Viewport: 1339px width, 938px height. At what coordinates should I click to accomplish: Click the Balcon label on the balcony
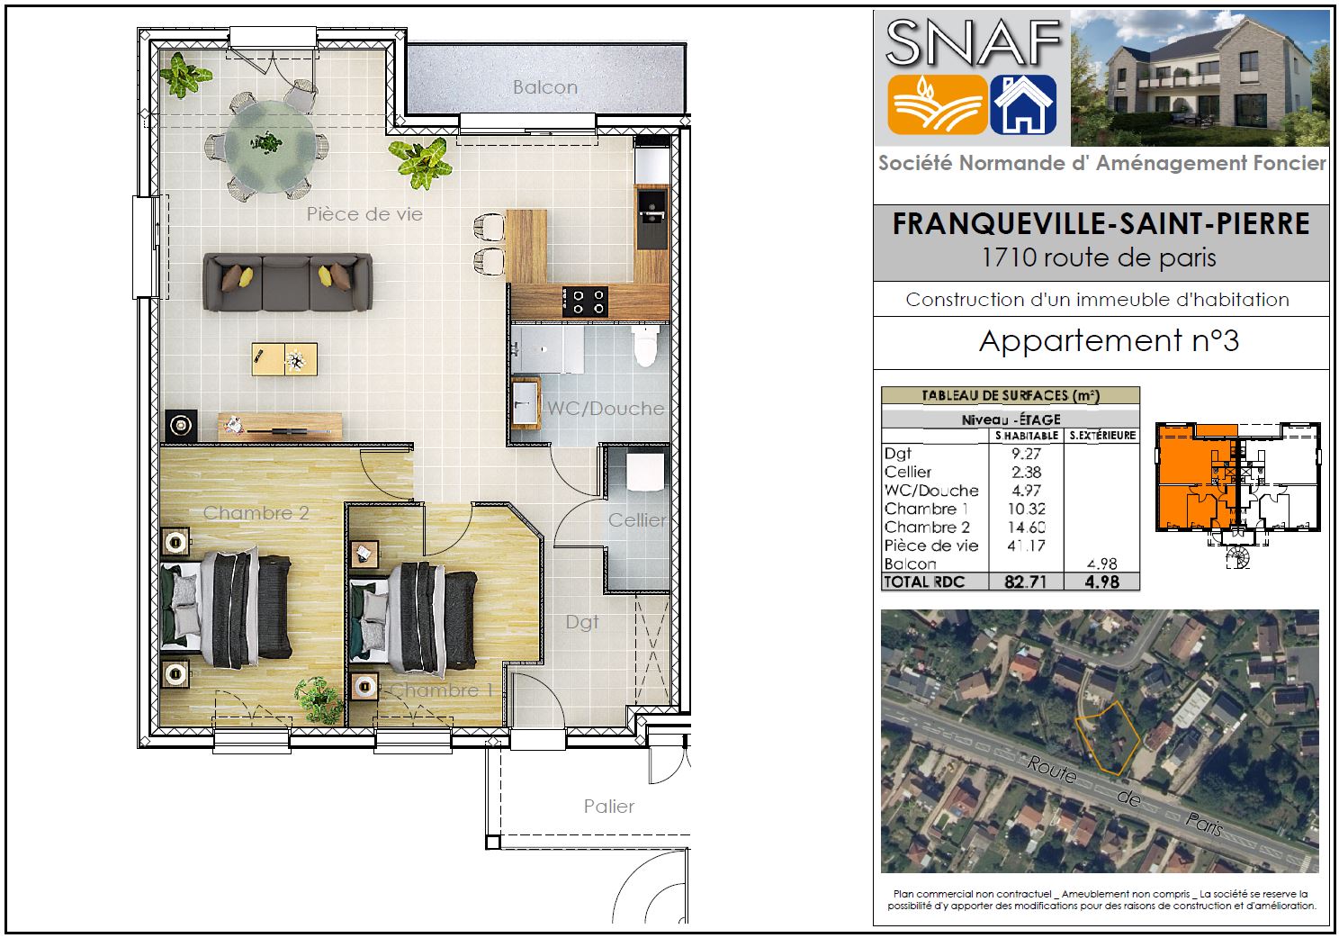(x=544, y=87)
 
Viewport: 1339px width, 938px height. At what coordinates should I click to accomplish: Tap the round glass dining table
(x=271, y=146)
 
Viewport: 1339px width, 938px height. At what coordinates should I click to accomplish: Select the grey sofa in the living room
(x=288, y=282)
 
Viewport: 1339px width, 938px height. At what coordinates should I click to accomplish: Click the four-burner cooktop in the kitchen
(x=585, y=301)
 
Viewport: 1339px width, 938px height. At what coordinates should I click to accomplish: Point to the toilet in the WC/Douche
(x=645, y=345)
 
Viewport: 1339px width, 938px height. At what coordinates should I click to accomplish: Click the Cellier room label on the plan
(x=636, y=520)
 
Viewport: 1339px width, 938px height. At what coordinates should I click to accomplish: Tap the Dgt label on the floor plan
(x=581, y=622)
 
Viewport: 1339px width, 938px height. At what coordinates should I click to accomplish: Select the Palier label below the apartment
(x=608, y=807)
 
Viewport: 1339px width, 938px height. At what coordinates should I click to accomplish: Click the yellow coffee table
(x=284, y=358)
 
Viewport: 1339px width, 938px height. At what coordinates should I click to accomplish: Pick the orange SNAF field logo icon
(x=936, y=104)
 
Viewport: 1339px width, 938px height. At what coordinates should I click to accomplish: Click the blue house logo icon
(x=1023, y=104)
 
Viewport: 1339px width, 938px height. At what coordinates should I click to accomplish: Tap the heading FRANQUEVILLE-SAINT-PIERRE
(x=1101, y=223)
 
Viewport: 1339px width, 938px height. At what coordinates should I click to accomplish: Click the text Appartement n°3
(x=1109, y=341)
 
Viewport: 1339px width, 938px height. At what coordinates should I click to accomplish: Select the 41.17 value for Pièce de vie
(x=1026, y=546)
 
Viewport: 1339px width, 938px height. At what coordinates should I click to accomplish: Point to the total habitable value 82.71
(x=1026, y=582)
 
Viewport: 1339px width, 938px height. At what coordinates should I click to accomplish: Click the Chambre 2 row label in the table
(x=927, y=528)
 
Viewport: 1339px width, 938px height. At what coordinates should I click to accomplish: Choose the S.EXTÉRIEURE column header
(x=1102, y=435)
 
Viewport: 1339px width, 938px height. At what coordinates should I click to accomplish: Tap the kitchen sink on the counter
(x=652, y=216)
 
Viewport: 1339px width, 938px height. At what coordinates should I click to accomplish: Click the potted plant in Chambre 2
(x=319, y=699)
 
